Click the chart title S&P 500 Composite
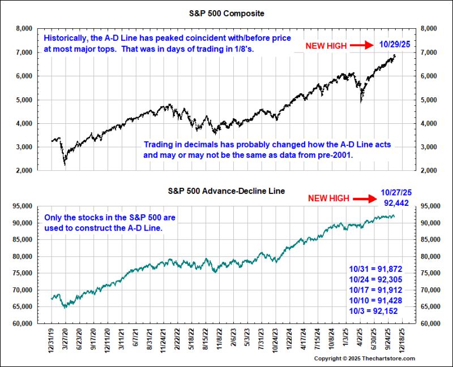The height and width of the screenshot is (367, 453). [x=226, y=14]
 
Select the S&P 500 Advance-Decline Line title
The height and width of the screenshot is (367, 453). [x=226, y=191]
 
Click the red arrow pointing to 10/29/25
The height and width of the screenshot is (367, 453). [x=362, y=45]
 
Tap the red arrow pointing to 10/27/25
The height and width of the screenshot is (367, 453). [x=365, y=198]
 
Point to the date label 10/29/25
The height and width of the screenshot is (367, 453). [x=395, y=44]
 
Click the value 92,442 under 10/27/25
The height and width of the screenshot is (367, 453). [x=396, y=203]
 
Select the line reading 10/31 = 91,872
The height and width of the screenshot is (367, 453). [x=375, y=269]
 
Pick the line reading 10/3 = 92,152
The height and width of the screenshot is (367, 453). [x=373, y=311]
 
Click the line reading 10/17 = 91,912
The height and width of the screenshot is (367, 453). [x=375, y=290]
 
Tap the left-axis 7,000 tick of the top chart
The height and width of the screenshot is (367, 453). [x=24, y=53]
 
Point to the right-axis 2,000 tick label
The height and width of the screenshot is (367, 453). [x=429, y=171]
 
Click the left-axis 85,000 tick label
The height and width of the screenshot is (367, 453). [x=22, y=239]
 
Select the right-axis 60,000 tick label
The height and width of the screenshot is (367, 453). [x=430, y=323]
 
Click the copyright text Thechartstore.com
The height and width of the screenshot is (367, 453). [x=388, y=359]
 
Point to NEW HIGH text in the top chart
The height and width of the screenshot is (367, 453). [x=326, y=46]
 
